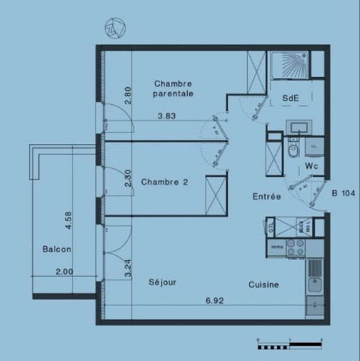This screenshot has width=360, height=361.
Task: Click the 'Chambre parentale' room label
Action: click(173, 89)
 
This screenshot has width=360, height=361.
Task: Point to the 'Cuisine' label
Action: click(262, 285)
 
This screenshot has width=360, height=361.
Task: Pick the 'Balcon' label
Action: click(58, 249)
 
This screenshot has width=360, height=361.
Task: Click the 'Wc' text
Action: click(312, 165)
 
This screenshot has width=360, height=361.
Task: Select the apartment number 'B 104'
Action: click(343, 194)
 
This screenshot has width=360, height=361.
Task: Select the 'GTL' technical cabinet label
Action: click(271, 229)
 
